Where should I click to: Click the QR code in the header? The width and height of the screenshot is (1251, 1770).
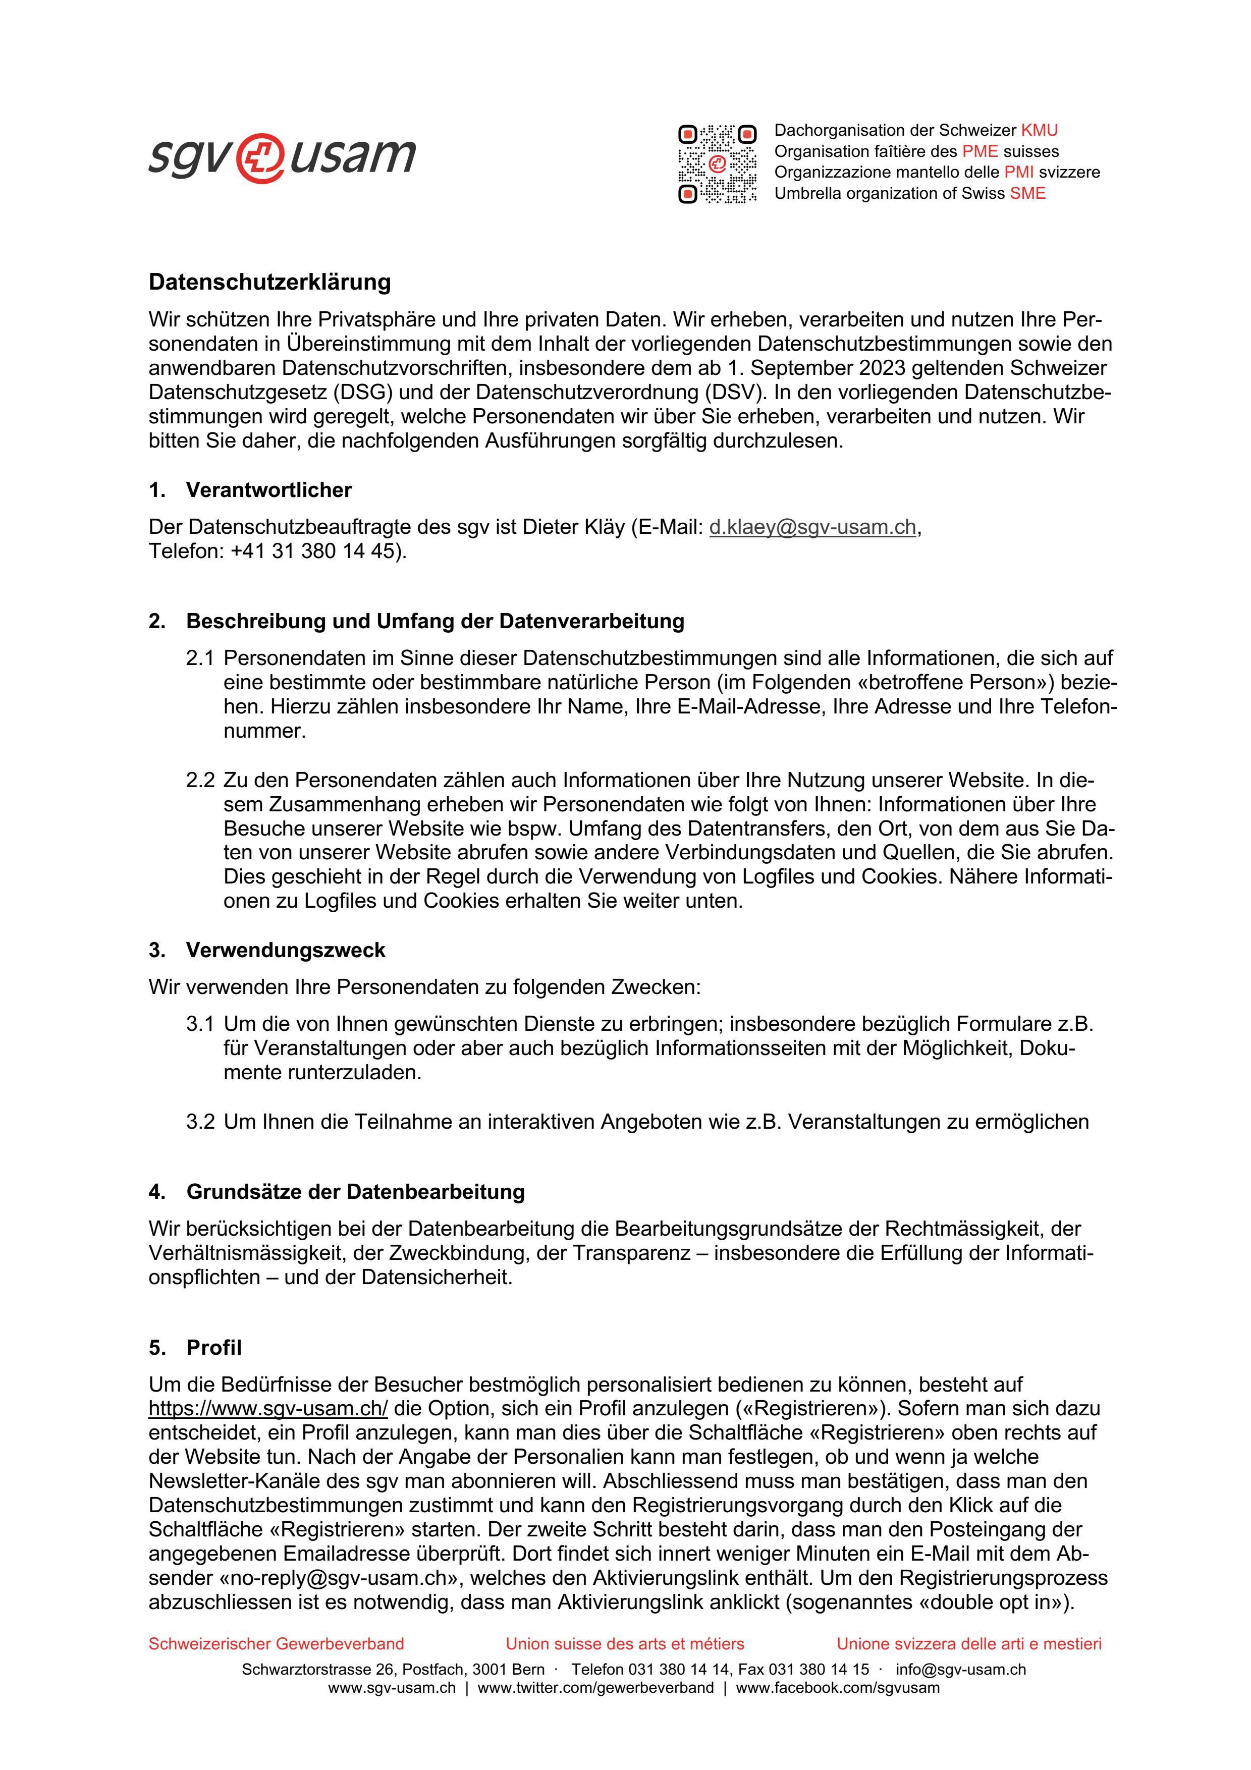coord(717,163)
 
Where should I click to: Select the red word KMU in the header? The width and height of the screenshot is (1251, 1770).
coord(1039,130)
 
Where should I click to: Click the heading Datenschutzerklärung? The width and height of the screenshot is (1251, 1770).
coord(270,282)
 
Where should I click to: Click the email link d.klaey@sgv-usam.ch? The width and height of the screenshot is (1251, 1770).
coord(812,527)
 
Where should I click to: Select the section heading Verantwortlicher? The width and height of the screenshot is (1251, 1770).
coord(268,490)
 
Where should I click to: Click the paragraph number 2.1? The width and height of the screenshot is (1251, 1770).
coord(200,658)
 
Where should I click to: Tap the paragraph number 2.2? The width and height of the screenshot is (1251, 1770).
coord(200,780)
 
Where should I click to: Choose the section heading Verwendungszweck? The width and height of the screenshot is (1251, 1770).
coord(285,951)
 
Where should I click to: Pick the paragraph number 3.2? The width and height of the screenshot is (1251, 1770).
coord(200,1122)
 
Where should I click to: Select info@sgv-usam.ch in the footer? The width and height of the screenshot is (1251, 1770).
coord(960,1669)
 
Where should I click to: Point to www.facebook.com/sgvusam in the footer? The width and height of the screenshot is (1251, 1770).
coord(838,1688)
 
